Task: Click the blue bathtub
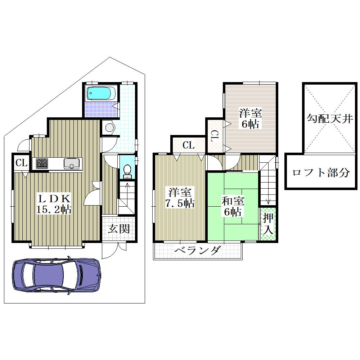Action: (101, 93)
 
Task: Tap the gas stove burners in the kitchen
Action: (42, 163)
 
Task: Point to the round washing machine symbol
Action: (109, 127)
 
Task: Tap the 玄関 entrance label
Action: (119, 229)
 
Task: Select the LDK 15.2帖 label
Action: (54, 204)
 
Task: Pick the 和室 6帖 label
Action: (233, 206)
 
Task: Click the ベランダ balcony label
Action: (198, 250)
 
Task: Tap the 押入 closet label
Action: (268, 224)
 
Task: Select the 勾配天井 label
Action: (330, 119)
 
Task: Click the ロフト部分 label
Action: (321, 172)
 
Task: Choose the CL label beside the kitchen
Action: (22, 163)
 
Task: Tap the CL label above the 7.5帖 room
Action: (189, 145)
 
